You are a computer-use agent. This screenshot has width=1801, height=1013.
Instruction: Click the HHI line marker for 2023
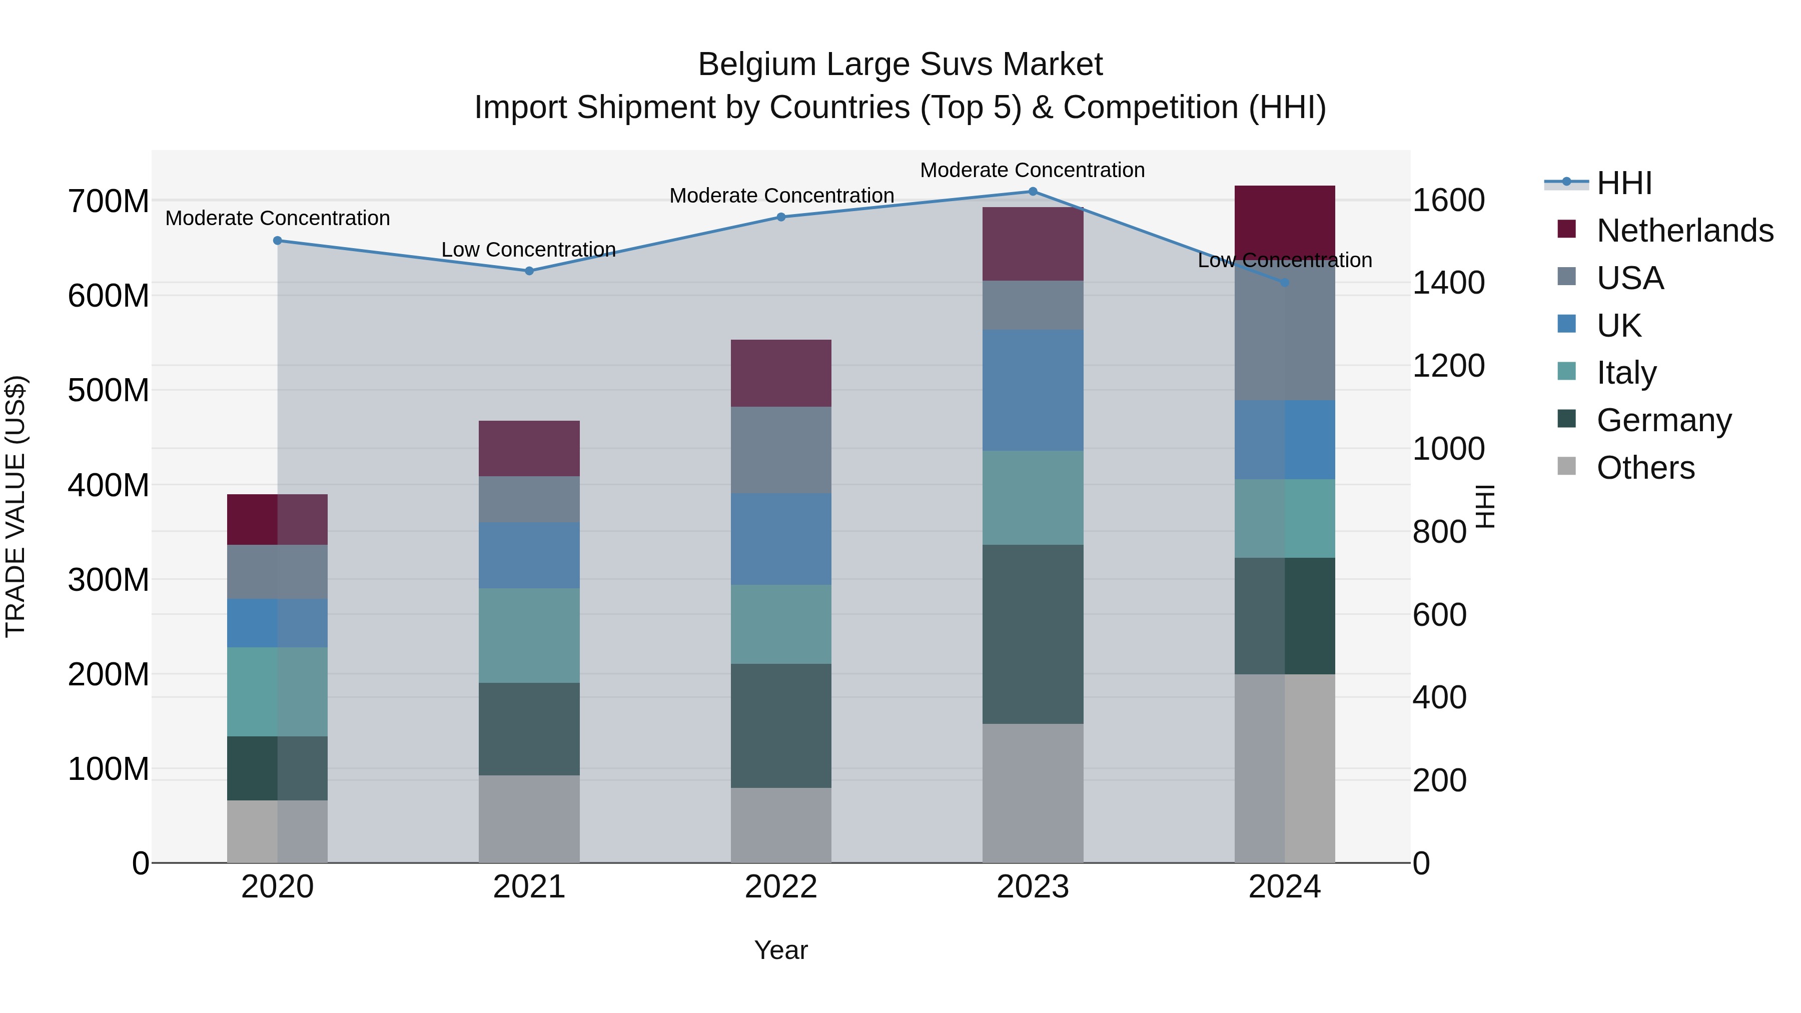tap(1033, 192)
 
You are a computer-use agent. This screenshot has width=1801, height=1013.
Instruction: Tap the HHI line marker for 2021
tap(529, 271)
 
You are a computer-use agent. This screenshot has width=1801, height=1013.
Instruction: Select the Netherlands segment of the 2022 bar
tap(781, 373)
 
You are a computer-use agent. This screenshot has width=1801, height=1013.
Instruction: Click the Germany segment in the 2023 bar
tap(1033, 634)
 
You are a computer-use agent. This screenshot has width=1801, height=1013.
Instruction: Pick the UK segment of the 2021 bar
tap(529, 556)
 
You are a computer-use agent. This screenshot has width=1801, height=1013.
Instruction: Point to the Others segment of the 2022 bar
tap(781, 825)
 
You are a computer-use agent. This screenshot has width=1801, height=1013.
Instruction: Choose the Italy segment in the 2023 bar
tap(1033, 498)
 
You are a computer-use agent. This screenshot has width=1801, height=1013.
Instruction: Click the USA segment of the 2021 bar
tap(529, 500)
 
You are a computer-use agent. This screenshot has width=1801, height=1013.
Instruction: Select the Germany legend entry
tap(1663, 420)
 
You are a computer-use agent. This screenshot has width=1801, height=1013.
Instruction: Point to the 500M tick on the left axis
tap(109, 390)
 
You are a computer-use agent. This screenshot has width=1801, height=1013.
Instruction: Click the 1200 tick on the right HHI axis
tap(1449, 366)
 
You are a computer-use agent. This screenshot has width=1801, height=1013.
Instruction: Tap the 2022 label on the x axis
tap(781, 887)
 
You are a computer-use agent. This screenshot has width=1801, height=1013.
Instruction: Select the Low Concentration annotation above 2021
tap(529, 250)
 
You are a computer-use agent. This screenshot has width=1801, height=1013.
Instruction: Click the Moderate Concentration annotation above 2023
tap(1032, 170)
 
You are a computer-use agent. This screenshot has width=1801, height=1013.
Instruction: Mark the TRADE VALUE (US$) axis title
tap(16, 506)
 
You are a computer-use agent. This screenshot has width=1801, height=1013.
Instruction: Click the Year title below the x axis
tap(781, 950)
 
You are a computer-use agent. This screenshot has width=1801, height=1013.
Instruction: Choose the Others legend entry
tap(1645, 468)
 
